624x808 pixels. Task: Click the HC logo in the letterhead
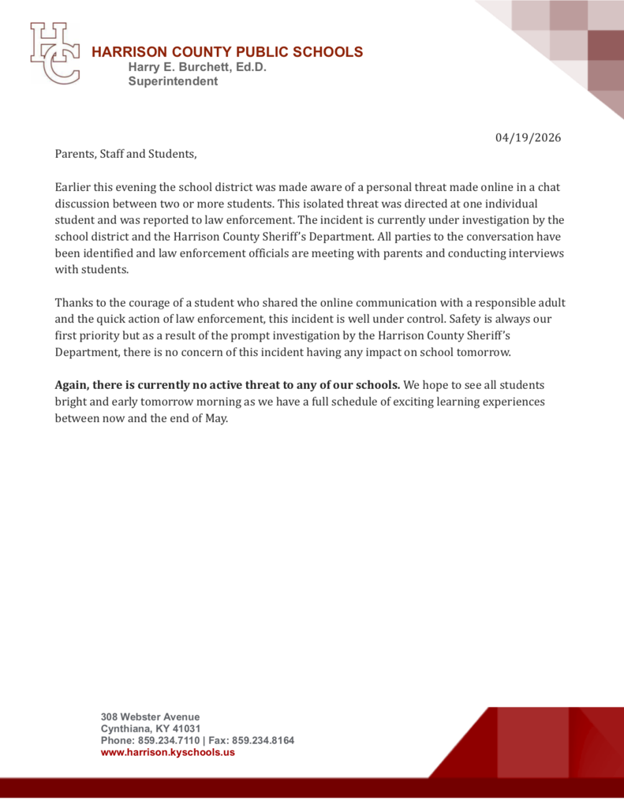click(x=54, y=54)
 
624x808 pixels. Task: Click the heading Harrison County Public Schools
click(x=227, y=52)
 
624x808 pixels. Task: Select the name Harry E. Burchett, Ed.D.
click(x=197, y=67)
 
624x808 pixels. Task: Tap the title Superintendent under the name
click(x=173, y=81)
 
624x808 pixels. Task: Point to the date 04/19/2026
click(x=528, y=137)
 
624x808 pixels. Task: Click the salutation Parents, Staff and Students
click(x=125, y=154)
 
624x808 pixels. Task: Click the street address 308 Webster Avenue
click(x=149, y=716)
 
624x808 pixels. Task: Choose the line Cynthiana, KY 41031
click(x=150, y=728)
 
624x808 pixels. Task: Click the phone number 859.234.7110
click(x=168, y=740)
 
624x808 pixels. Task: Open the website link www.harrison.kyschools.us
click(x=167, y=752)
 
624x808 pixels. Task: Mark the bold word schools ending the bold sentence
click(x=377, y=385)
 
